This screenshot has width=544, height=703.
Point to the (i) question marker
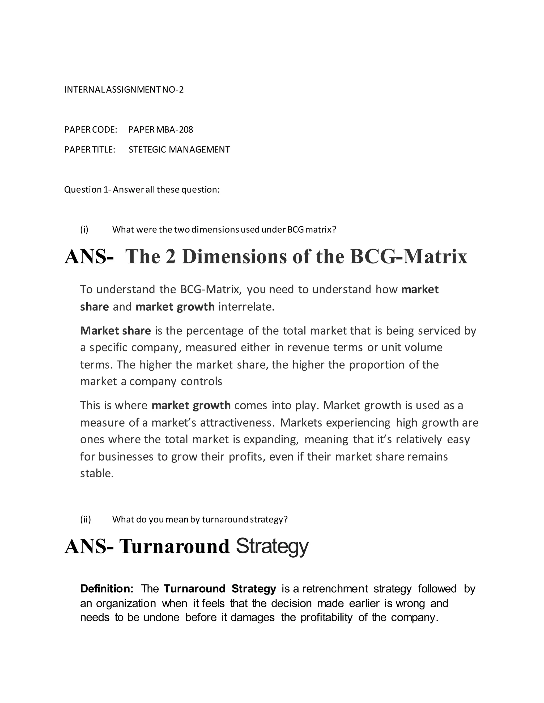84,229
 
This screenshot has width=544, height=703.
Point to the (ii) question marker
86,519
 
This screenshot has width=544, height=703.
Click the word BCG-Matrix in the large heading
408,257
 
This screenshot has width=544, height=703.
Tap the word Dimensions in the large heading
234,257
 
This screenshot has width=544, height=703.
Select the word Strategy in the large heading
272,546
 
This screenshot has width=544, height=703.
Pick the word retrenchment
335,589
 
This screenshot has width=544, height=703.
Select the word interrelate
246,307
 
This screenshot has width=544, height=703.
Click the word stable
97,474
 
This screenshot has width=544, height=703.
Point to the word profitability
326,618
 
